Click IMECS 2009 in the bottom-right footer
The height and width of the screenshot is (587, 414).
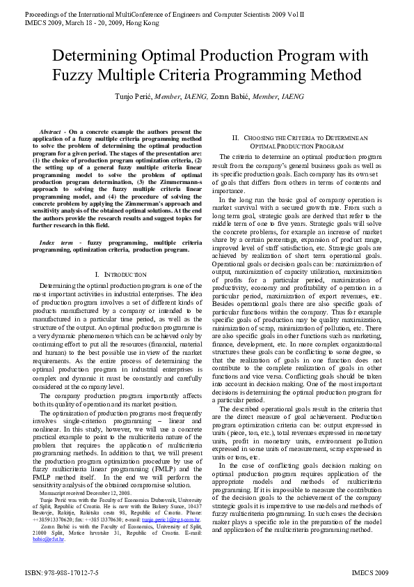click(x=370, y=572)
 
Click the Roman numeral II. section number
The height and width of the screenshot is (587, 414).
click(x=236, y=138)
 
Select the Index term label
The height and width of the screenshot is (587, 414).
click(x=57, y=242)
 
